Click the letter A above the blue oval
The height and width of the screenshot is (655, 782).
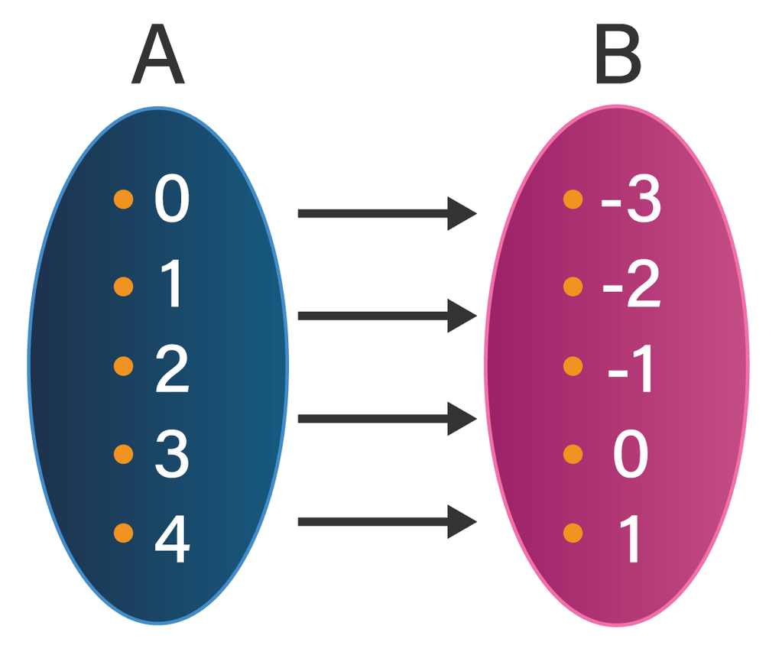157,54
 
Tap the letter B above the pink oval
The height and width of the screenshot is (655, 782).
618,54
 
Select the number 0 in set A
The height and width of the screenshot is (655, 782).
172,199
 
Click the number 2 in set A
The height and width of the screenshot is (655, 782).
172,369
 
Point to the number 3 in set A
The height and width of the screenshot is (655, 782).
172,454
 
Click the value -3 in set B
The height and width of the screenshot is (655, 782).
631,199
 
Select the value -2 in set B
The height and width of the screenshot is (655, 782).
631,284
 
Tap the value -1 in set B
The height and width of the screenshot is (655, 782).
630,369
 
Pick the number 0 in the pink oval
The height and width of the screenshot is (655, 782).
631,454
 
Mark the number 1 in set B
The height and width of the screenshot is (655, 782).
629,540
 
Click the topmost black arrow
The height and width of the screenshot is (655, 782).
388,214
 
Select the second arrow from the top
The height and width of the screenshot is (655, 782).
388,316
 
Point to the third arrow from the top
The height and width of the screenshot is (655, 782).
388,419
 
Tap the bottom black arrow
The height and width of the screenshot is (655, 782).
388,522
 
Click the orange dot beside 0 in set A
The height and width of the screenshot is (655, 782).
124,199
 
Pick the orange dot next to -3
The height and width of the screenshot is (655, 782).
573,199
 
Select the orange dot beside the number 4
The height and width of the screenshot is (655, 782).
124,533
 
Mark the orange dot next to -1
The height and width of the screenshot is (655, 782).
573,366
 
